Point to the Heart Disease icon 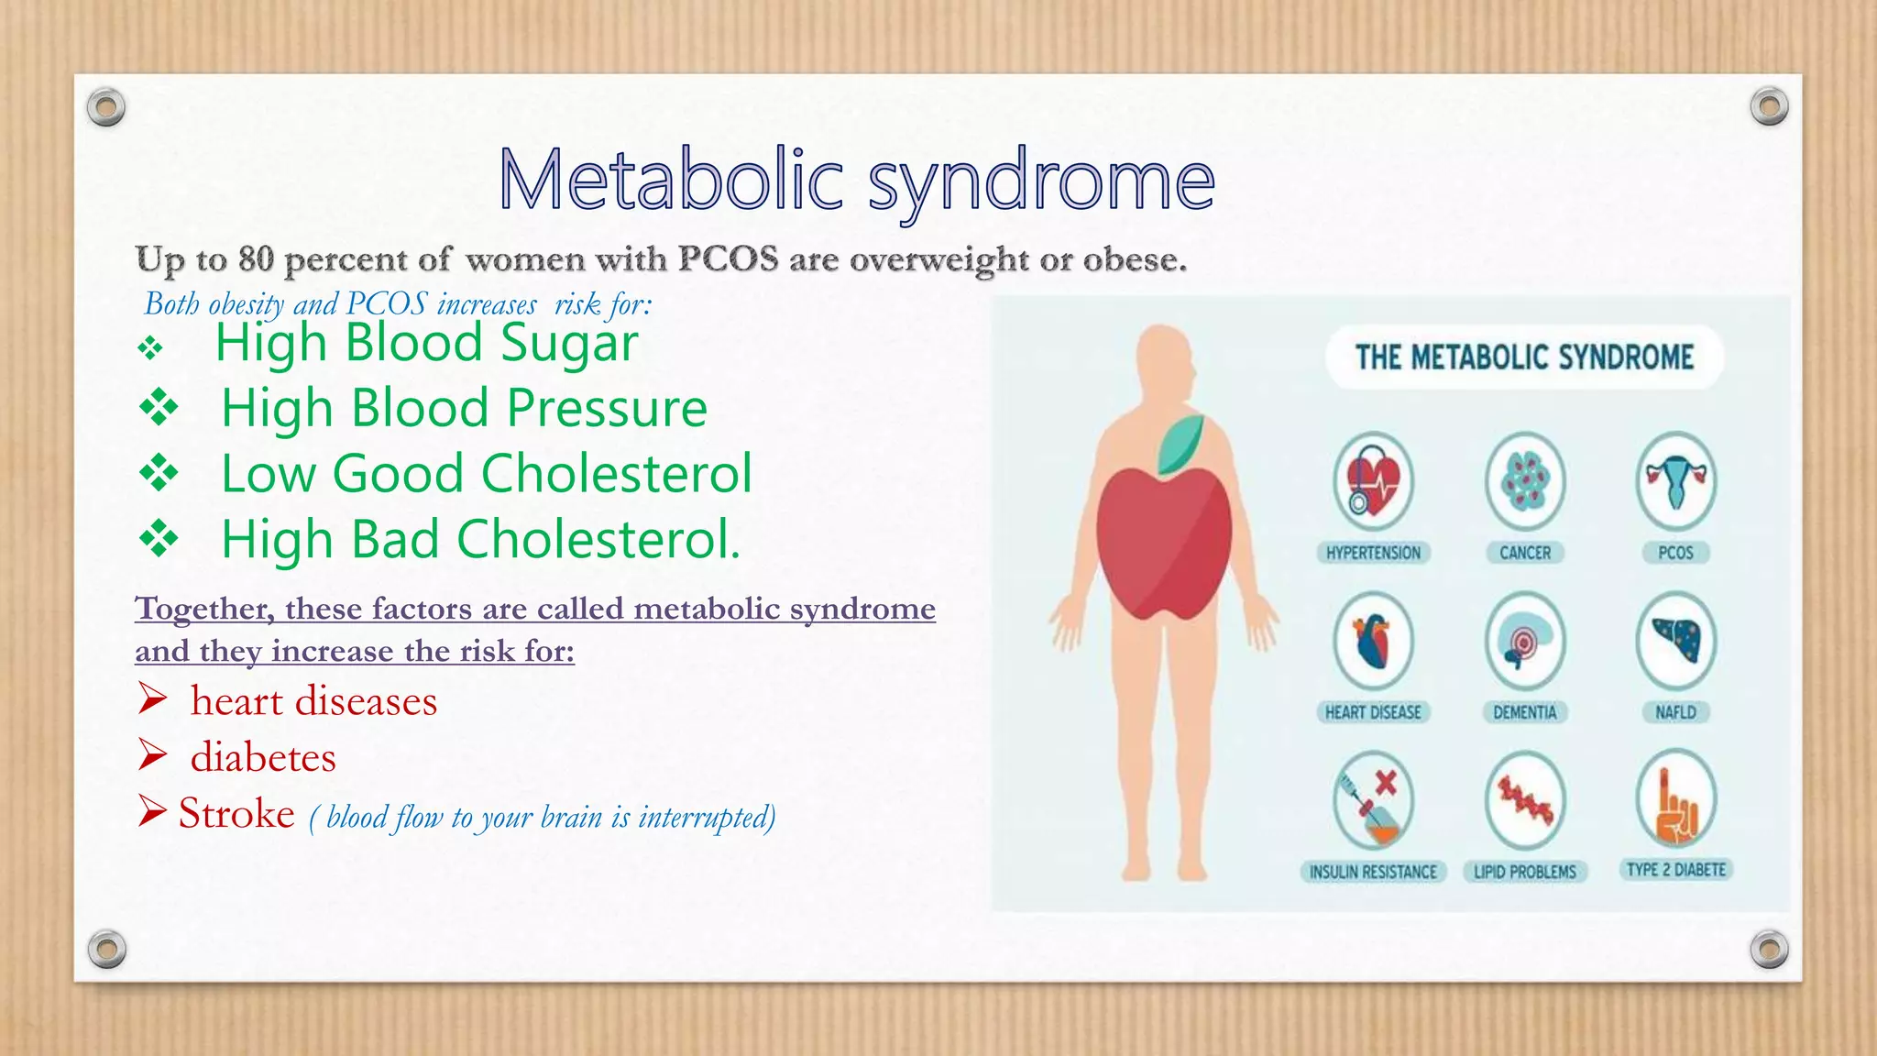click(x=1373, y=641)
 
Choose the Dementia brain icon click(x=1524, y=641)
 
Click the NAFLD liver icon click(x=1675, y=641)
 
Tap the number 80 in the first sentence click(x=256, y=259)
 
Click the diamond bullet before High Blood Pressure click(x=159, y=408)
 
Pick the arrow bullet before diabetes click(x=152, y=755)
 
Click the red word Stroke click(x=236, y=813)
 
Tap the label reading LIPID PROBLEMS click(x=1524, y=872)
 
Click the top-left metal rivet click(x=106, y=108)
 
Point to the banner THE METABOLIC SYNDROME click(x=1524, y=357)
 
